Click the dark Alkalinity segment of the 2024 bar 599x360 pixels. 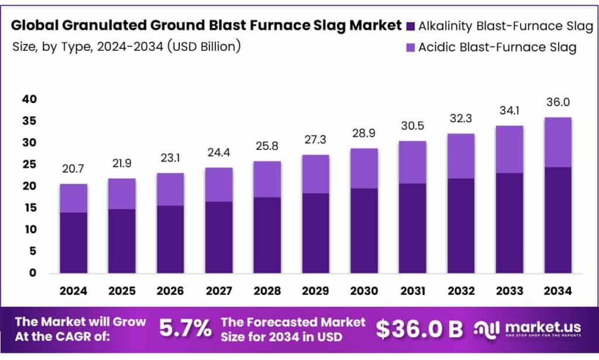[x=73, y=242]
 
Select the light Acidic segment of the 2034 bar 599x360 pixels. [x=557, y=142]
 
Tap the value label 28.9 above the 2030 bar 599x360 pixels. [x=364, y=134]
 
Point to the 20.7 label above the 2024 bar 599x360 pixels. [x=73, y=170]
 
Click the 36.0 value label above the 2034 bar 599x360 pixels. [x=557, y=102]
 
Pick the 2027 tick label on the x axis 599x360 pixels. [x=219, y=290]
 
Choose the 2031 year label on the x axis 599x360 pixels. [x=412, y=290]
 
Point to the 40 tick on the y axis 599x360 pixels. [x=29, y=100]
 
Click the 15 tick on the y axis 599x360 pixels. [x=29, y=208]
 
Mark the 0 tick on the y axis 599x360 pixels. [x=33, y=273]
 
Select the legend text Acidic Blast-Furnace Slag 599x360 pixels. [x=497, y=47]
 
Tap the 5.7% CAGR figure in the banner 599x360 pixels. [x=185, y=329]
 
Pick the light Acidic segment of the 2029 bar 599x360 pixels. [x=315, y=174]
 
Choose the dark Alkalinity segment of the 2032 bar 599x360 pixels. [x=461, y=225]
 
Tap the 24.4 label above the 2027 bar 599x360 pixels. [x=219, y=153]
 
